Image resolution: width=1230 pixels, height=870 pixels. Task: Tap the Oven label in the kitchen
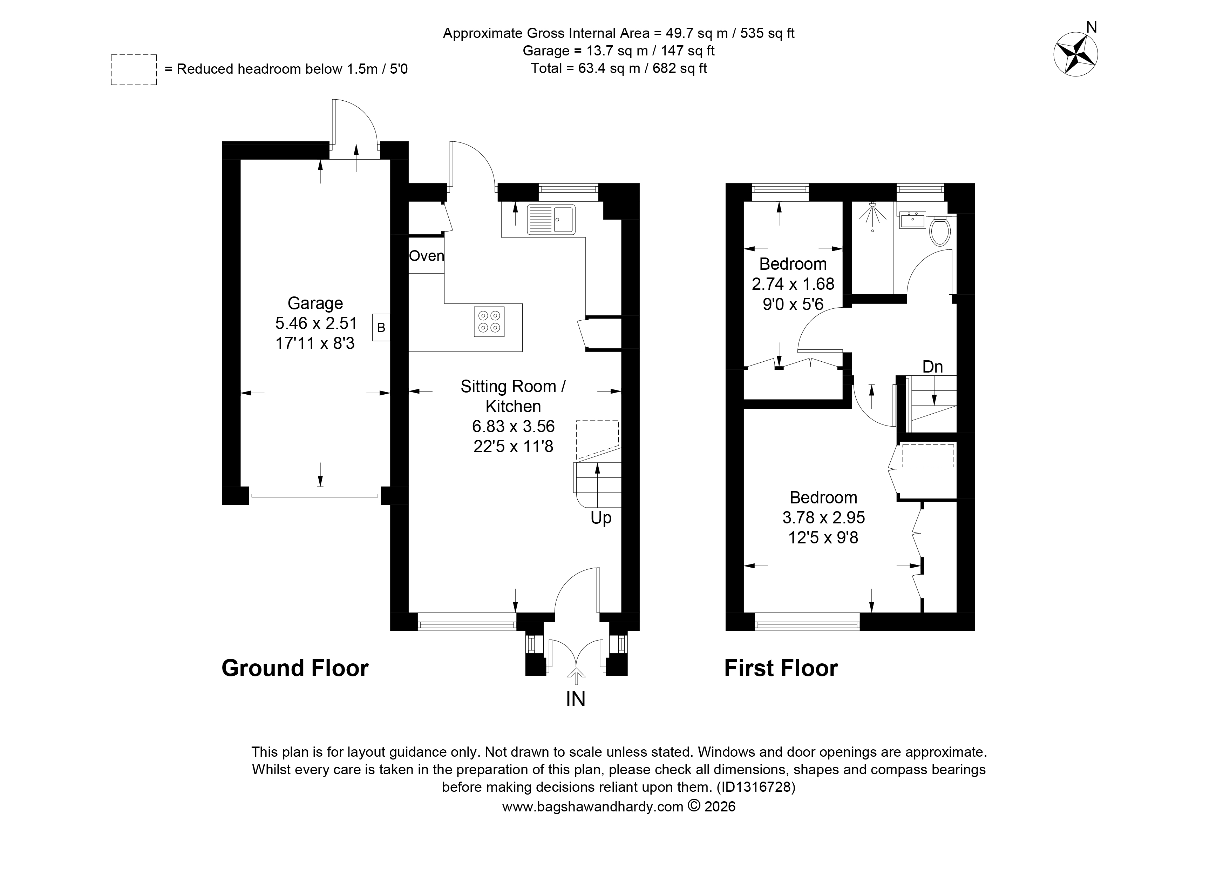tap(427, 256)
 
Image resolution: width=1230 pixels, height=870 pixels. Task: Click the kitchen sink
tap(551, 219)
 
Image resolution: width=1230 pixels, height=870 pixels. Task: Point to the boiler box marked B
tap(381, 328)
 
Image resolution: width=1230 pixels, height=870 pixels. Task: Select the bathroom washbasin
tap(912, 220)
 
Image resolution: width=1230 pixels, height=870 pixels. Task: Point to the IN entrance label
tap(576, 699)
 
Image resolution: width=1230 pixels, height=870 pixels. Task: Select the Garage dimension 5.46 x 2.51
tap(316, 323)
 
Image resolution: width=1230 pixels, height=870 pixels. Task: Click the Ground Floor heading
tap(295, 668)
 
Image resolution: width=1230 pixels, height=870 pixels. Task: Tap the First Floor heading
tap(781, 668)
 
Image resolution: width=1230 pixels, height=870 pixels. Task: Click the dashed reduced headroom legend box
tap(134, 70)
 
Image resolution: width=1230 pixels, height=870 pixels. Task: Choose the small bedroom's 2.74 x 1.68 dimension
tap(793, 284)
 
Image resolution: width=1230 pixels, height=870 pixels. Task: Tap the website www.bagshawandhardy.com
tap(592, 807)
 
